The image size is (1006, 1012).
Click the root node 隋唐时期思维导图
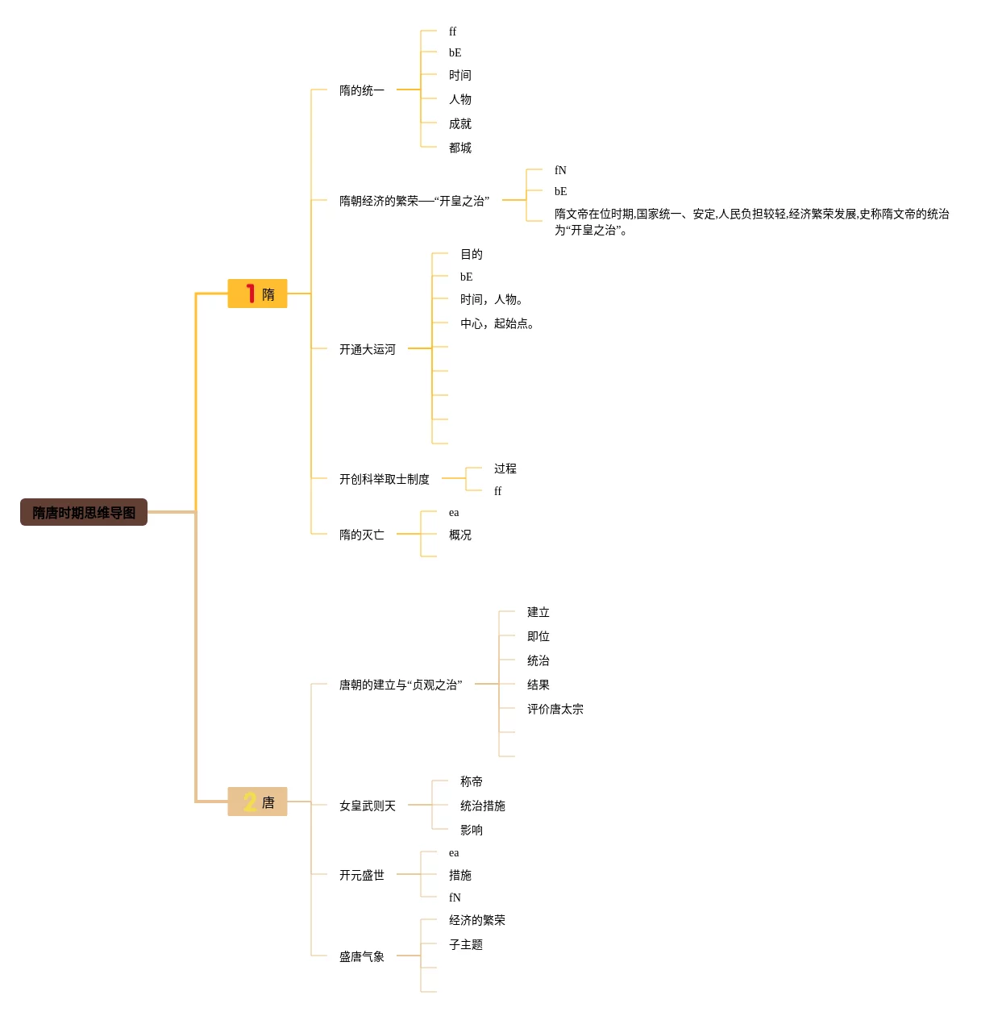84,512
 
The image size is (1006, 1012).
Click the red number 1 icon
251,294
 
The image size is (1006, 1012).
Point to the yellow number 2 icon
250,802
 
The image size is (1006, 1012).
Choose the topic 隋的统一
361,90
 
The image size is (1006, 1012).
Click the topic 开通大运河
367,349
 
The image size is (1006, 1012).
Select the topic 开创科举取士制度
384,479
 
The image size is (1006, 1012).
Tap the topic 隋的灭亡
361,535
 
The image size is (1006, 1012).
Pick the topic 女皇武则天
367,806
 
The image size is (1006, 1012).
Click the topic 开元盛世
361,875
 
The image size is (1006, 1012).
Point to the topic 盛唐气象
361,956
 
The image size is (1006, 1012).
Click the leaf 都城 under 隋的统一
459,148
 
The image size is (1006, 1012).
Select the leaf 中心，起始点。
497,323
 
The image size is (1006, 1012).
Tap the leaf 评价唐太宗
555,709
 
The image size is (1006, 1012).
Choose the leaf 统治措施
482,806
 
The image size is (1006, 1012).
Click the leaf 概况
459,535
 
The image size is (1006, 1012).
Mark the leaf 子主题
465,944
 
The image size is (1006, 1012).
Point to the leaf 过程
505,469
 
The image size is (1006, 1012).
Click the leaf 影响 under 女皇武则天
471,830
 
